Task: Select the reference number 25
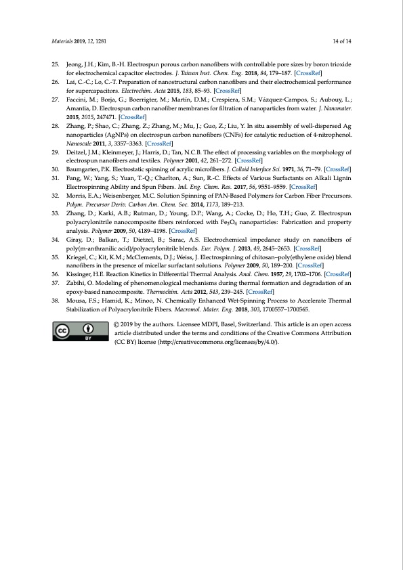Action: pyautogui.click(x=56, y=65)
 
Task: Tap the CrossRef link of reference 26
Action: pyautogui.click(x=228, y=89)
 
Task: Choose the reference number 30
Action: pyautogui.click(x=56, y=169)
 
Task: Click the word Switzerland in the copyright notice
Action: pyautogui.click(x=252, y=325)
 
